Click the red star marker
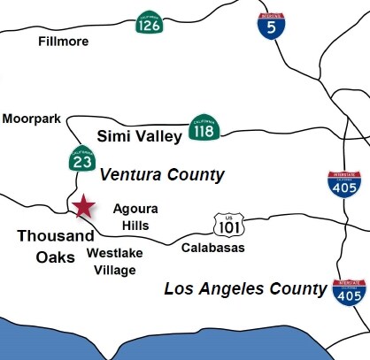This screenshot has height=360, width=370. [84, 207]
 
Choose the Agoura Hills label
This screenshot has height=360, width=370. [130, 217]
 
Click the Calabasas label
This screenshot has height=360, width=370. [213, 248]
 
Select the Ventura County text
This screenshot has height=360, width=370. [162, 174]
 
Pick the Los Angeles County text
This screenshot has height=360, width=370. [246, 288]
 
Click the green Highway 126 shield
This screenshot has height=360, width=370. [148, 23]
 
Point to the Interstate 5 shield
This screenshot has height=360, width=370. [271, 28]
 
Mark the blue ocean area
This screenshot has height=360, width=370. [177, 341]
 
